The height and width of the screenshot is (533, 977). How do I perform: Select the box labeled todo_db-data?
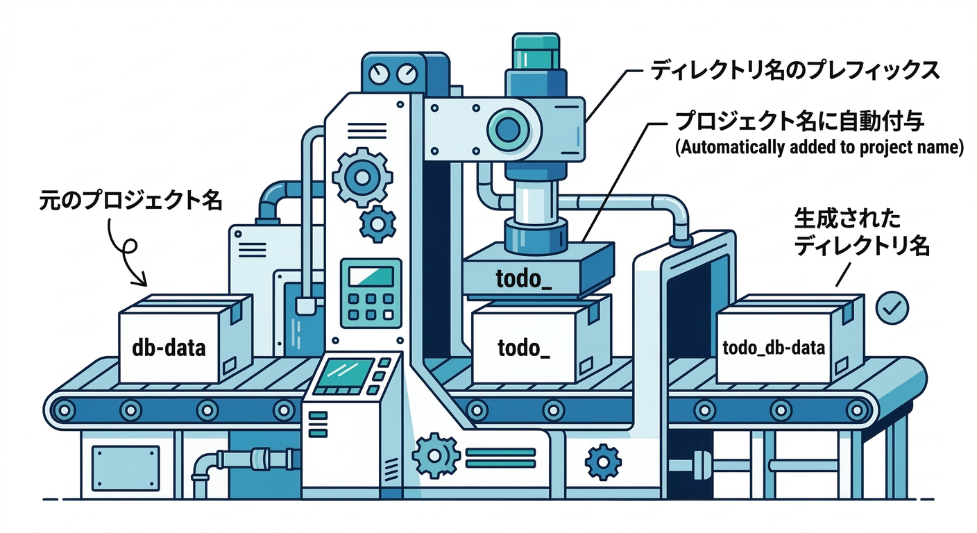point(774,346)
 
